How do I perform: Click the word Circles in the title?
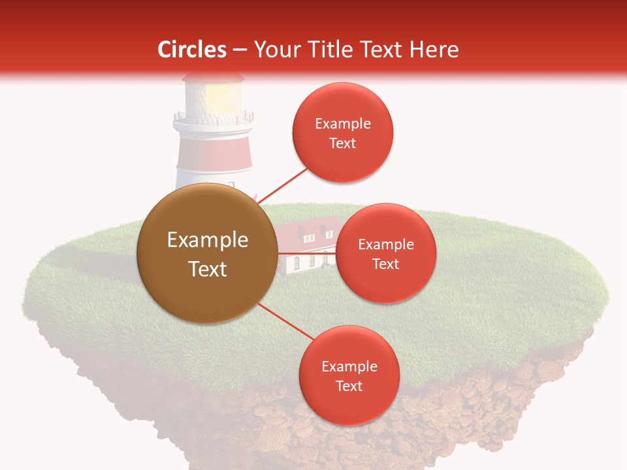pyautogui.click(x=191, y=50)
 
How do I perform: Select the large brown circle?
pyautogui.click(x=206, y=253)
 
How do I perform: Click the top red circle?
pyautogui.click(x=342, y=133)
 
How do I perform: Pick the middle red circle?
pyautogui.click(x=385, y=253)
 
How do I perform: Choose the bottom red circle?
pyautogui.click(x=349, y=375)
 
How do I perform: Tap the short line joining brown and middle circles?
pyautogui.click(x=307, y=253)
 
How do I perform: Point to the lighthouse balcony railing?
pyautogui.click(x=214, y=119)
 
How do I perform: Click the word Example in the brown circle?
pyautogui.click(x=208, y=240)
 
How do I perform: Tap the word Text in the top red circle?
pyautogui.click(x=342, y=144)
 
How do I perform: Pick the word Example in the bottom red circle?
pyautogui.click(x=349, y=366)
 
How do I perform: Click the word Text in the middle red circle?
pyautogui.click(x=385, y=264)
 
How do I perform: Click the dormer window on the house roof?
pyautogui.click(x=303, y=230)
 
